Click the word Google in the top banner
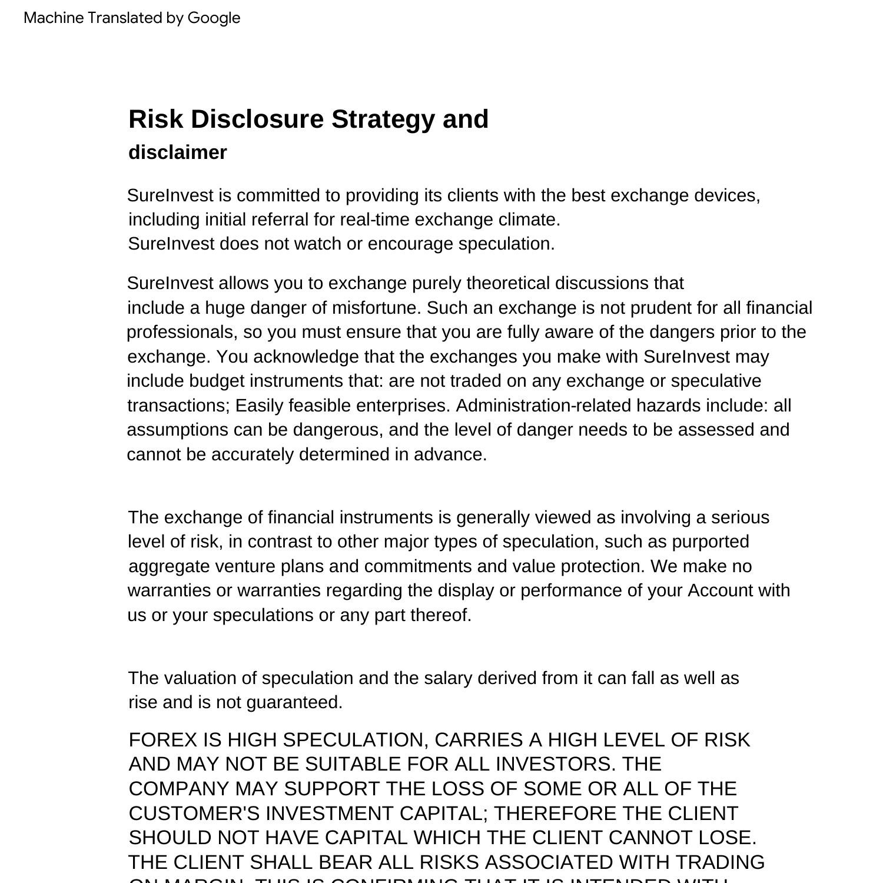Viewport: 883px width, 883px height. (214, 18)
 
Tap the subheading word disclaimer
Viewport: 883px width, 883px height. (178, 152)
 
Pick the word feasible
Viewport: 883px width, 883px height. (320, 406)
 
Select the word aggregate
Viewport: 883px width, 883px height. (169, 566)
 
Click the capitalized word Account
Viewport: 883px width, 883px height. (721, 590)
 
